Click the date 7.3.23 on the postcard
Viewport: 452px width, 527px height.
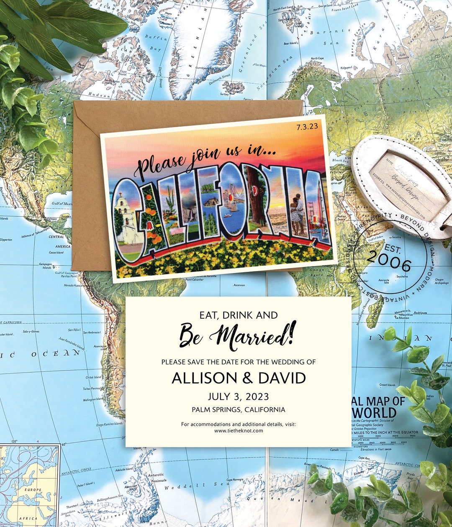(x=307, y=126)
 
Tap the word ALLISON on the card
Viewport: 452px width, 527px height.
(x=204, y=378)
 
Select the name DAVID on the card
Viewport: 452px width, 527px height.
(x=282, y=378)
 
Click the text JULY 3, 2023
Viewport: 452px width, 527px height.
(x=238, y=397)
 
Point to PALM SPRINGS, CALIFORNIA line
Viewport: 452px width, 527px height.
(x=238, y=410)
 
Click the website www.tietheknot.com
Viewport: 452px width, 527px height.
(x=238, y=430)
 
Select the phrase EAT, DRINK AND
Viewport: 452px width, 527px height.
(x=238, y=315)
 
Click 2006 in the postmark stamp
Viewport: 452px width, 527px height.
(x=389, y=263)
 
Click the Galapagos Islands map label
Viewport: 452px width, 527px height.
(x=46, y=265)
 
